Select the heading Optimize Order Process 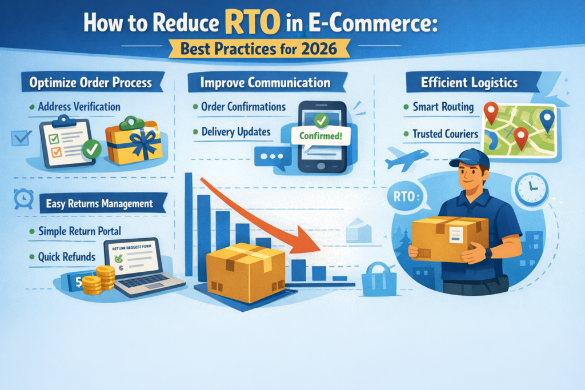tap(91, 83)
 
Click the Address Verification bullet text tap(79, 107)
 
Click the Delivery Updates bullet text tap(236, 132)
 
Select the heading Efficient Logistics tap(469, 83)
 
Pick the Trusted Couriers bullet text tap(445, 134)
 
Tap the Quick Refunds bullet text tap(66, 257)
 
